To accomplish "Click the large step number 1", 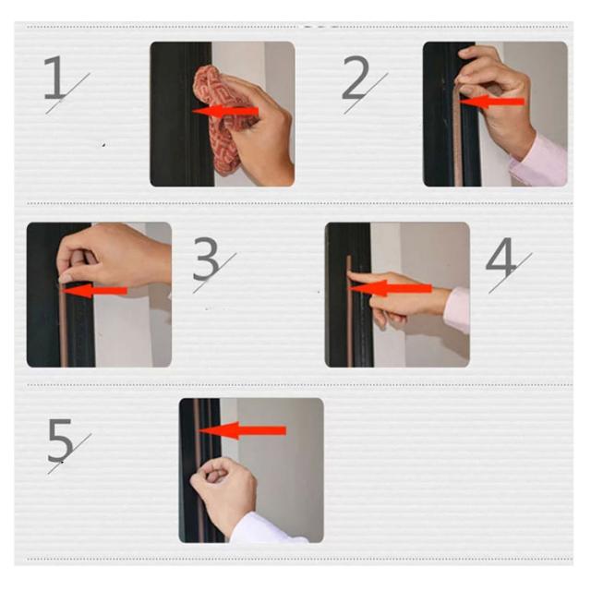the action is (x=55, y=78).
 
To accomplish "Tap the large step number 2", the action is (x=356, y=78).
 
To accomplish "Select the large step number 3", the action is (x=206, y=259).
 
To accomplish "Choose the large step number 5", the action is (x=60, y=440).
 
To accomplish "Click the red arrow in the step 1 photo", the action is (x=225, y=111).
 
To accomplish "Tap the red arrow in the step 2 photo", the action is (x=491, y=102).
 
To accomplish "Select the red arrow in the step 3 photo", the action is (x=93, y=290).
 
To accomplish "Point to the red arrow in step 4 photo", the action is (x=390, y=289).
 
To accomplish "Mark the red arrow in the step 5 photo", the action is (x=242, y=430).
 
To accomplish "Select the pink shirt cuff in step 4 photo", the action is (x=457, y=310).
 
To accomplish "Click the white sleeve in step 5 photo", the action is (x=264, y=529).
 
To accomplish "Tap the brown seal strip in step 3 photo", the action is (x=64, y=324).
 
